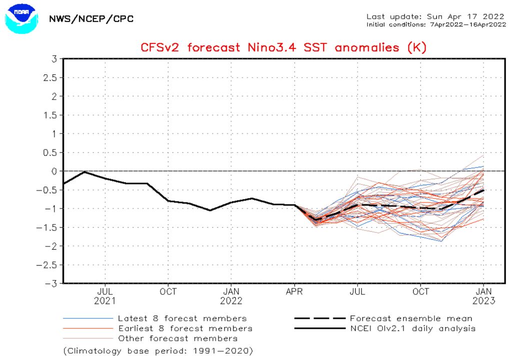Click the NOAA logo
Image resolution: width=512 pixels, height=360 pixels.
[x=21, y=19]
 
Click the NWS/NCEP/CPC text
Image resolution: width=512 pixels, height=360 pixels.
[x=91, y=19]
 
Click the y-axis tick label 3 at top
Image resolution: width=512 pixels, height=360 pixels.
[x=52, y=58]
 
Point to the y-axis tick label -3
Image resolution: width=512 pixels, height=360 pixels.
[x=50, y=283]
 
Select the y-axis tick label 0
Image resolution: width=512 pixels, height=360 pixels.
[x=52, y=171]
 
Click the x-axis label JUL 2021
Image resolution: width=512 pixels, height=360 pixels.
[x=105, y=295]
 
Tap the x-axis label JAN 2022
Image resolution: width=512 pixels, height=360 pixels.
[x=231, y=295]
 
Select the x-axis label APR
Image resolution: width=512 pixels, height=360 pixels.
[x=294, y=291]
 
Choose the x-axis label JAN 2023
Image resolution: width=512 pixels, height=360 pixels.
[x=483, y=295]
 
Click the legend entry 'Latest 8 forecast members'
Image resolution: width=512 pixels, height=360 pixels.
[x=182, y=318]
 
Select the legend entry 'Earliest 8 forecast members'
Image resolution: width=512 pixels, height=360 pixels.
[x=185, y=328]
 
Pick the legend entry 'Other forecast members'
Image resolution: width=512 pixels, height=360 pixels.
[x=177, y=338]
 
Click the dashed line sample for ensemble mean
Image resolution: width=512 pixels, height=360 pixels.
[x=320, y=318]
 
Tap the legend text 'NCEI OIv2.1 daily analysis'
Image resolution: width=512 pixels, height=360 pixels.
[x=412, y=328]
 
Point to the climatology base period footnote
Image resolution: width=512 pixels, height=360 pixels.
[x=158, y=350]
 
